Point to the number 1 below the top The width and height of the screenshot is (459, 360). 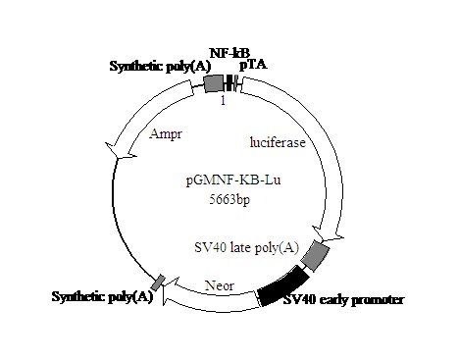[x=224, y=100]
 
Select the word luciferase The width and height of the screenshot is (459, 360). [x=280, y=142]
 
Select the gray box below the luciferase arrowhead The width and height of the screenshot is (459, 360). [x=314, y=257]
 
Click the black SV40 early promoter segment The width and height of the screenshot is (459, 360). [x=280, y=287]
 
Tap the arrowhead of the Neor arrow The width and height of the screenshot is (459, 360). [x=169, y=290]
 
